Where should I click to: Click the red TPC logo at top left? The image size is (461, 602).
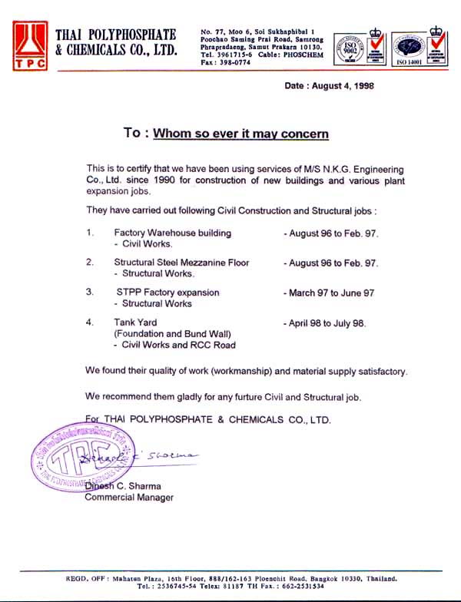[30, 45]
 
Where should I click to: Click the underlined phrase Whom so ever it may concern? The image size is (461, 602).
[240, 134]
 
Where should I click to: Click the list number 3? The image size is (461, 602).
[90, 293]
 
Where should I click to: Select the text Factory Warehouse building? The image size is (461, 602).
[172, 233]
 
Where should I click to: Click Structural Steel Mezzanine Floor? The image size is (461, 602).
[181, 263]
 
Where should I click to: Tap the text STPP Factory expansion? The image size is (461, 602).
[168, 293]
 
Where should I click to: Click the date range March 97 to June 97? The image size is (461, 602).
[331, 293]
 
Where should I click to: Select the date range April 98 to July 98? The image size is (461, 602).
[327, 323]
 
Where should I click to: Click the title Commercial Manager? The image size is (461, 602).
[129, 498]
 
